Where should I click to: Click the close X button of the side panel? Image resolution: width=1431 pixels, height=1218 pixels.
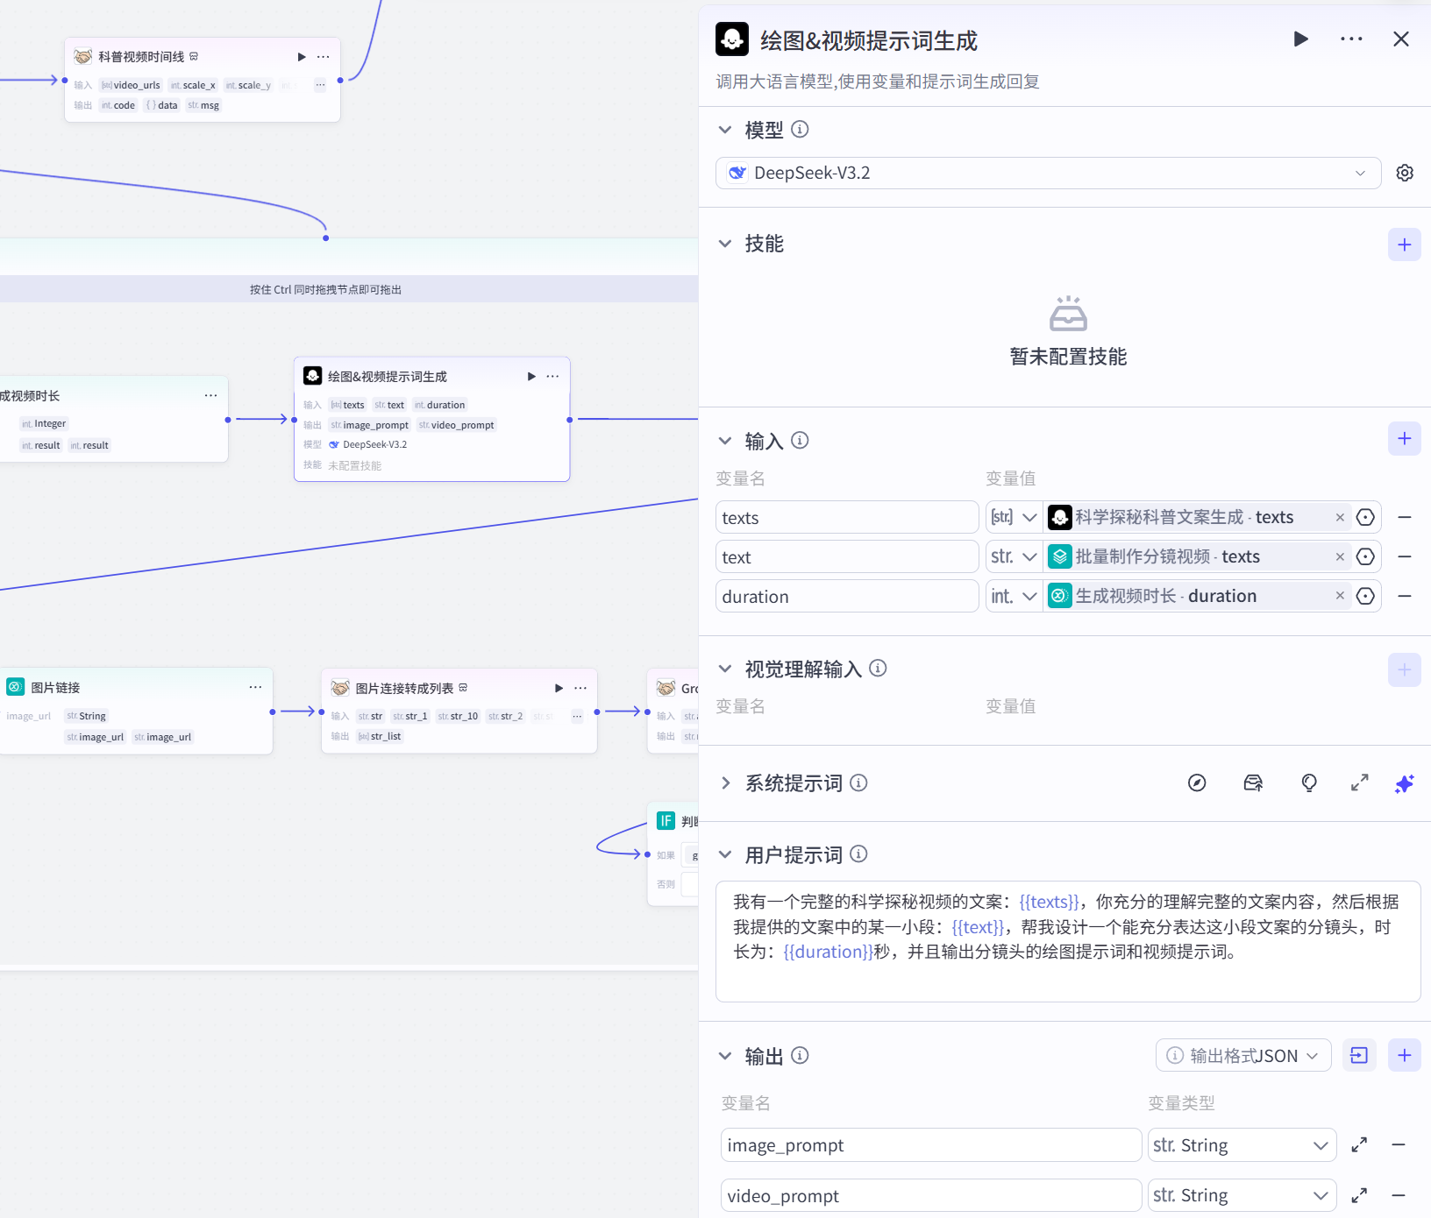(x=1400, y=39)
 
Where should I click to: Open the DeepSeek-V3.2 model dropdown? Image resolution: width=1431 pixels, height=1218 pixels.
(x=1048, y=173)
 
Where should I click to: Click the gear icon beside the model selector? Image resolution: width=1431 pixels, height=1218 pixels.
(x=1405, y=173)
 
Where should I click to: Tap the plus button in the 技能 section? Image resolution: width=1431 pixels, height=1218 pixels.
(x=1404, y=244)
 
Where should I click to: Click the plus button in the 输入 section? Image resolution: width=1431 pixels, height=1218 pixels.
(x=1404, y=439)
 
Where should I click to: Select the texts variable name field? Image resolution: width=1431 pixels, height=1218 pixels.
(x=846, y=518)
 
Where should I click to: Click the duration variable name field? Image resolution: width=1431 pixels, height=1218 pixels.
(x=846, y=597)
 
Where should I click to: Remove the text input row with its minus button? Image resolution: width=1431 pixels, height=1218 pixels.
(x=1404, y=557)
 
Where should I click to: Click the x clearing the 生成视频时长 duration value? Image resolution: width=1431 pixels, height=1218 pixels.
(x=1340, y=596)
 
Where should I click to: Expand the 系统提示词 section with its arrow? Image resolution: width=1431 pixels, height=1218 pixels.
(x=725, y=783)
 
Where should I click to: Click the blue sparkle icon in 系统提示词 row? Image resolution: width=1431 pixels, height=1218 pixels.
(x=1404, y=783)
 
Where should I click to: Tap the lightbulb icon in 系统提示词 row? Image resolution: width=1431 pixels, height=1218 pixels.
(x=1308, y=783)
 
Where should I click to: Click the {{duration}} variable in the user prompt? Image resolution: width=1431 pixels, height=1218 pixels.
(x=828, y=952)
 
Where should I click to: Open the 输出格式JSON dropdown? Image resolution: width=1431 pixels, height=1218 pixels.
(x=1242, y=1056)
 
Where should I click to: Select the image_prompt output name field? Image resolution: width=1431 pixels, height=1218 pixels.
(x=930, y=1145)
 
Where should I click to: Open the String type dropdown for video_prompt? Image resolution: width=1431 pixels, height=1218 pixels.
(x=1241, y=1196)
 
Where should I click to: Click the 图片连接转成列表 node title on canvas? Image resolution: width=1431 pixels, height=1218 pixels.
(x=404, y=689)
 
